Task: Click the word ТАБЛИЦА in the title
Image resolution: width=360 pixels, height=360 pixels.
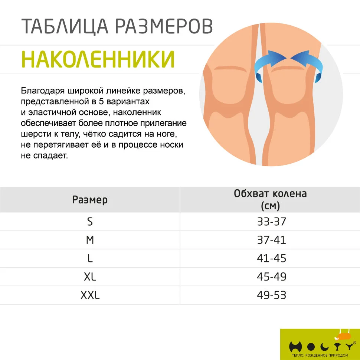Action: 65,26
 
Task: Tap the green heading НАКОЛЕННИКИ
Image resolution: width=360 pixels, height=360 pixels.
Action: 98,59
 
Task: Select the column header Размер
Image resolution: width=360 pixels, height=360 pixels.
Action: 90,200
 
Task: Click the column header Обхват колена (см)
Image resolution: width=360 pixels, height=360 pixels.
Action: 270,200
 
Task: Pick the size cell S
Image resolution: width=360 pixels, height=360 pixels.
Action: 90,222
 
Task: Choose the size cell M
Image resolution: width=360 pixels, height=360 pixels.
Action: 90,240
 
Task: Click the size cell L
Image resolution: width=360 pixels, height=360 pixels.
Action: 90,259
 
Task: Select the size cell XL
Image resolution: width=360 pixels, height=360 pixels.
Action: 90,277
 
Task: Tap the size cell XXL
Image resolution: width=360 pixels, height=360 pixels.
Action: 90,295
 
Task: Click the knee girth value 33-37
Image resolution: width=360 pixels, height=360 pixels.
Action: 272,222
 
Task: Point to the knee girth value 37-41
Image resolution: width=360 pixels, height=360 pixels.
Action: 272,240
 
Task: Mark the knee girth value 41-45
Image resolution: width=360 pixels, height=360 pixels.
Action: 272,259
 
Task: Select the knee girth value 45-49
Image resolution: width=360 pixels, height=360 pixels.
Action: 272,277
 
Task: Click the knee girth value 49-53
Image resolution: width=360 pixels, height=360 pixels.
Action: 272,295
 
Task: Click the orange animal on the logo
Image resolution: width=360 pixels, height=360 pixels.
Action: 343,336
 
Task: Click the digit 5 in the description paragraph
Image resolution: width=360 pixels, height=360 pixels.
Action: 101,101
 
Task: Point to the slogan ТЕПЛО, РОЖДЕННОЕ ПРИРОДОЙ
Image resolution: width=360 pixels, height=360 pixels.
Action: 320,355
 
